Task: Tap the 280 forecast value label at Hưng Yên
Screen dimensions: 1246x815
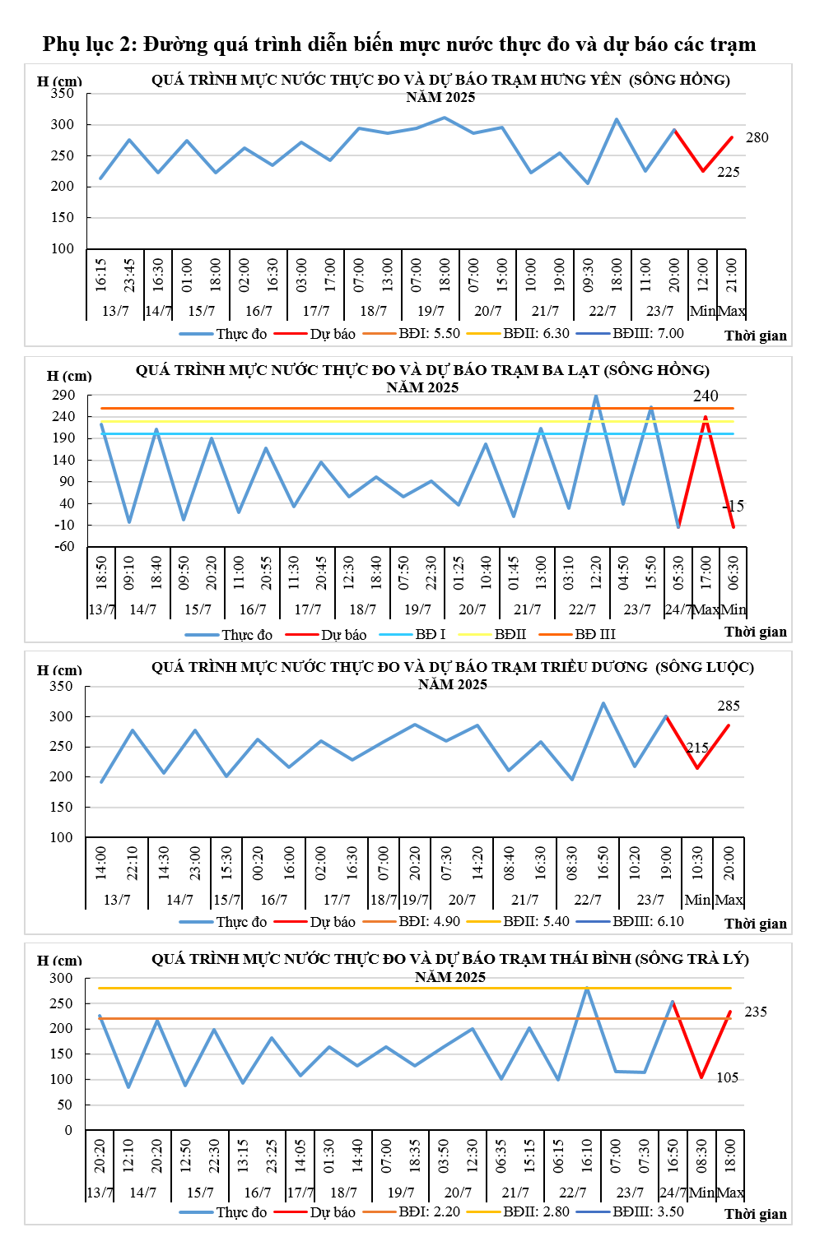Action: coord(757,137)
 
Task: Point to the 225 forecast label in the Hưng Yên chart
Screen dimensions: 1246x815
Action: coord(728,172)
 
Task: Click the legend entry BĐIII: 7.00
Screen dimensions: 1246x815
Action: coord(647,333)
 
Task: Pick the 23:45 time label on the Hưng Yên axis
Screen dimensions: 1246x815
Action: coord(130,275)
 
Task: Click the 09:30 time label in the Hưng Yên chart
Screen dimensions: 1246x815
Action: coord(589,275)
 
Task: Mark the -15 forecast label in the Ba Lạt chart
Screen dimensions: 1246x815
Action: coord(733,506)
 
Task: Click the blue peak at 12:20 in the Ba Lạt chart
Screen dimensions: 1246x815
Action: coord(596,396)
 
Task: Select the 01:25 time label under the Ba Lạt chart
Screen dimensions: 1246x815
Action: coord(459,572)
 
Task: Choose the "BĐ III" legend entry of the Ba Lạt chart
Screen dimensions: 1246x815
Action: coord(594,634)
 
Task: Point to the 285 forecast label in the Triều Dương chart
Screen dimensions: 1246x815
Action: coord(729,706)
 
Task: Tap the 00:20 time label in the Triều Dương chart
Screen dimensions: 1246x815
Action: coord(258,863)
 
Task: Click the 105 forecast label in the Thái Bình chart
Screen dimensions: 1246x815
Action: coord(727,1077)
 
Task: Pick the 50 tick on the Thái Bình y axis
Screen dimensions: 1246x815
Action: coord(65,1105)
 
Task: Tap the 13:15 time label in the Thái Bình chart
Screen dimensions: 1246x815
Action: coord(243,1156)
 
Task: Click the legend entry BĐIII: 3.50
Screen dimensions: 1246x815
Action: coord(647,1211)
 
